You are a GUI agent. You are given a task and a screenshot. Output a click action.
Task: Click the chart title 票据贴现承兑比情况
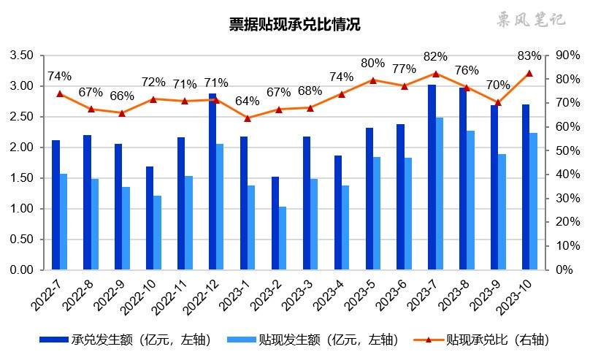point(294,25)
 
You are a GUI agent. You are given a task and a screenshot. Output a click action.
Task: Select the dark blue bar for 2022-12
point(212,181)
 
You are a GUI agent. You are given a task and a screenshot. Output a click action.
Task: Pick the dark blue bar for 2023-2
point(275,223)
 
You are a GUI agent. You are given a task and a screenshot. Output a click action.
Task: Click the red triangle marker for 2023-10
point(529,73)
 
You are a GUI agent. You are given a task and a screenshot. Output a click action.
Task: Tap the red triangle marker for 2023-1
point(248,118)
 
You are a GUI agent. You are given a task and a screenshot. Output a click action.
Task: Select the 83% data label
point(529,56)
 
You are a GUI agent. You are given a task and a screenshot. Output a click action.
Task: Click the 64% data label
point(248,101)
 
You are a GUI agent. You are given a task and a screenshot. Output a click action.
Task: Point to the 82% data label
point(434,57)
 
